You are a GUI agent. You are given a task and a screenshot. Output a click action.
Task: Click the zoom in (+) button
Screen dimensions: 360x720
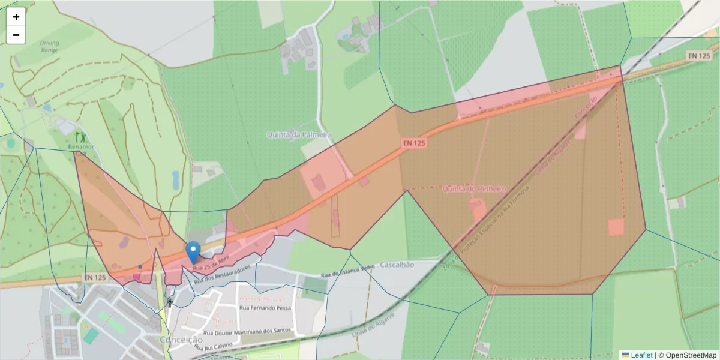coord(16,17)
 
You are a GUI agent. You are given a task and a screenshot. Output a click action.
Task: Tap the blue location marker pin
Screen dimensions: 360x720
coord(193,252)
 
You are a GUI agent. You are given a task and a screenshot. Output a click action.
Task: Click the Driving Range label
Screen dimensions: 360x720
coord(49,47)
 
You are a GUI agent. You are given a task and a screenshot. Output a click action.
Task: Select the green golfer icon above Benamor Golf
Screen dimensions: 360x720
coord(80,137)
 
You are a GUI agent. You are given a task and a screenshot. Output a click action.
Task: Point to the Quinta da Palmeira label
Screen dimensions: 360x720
coord(299,135)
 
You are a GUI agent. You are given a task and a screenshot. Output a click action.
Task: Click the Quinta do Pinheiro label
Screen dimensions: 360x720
coord(473,189)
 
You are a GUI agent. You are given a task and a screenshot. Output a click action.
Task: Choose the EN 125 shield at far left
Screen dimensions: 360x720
coord(95,278)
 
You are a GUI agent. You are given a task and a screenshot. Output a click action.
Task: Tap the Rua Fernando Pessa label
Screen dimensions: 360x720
coord(265,308)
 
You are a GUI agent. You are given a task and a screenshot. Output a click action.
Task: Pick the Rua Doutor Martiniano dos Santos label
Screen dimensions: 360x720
coord(247,331)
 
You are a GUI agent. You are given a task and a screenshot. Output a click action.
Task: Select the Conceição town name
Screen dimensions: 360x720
coord(181,340)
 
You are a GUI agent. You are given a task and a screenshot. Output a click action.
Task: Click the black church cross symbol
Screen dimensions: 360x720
coord(170,303)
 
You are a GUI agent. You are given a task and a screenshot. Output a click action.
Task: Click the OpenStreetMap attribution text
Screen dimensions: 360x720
coord(691,355)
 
